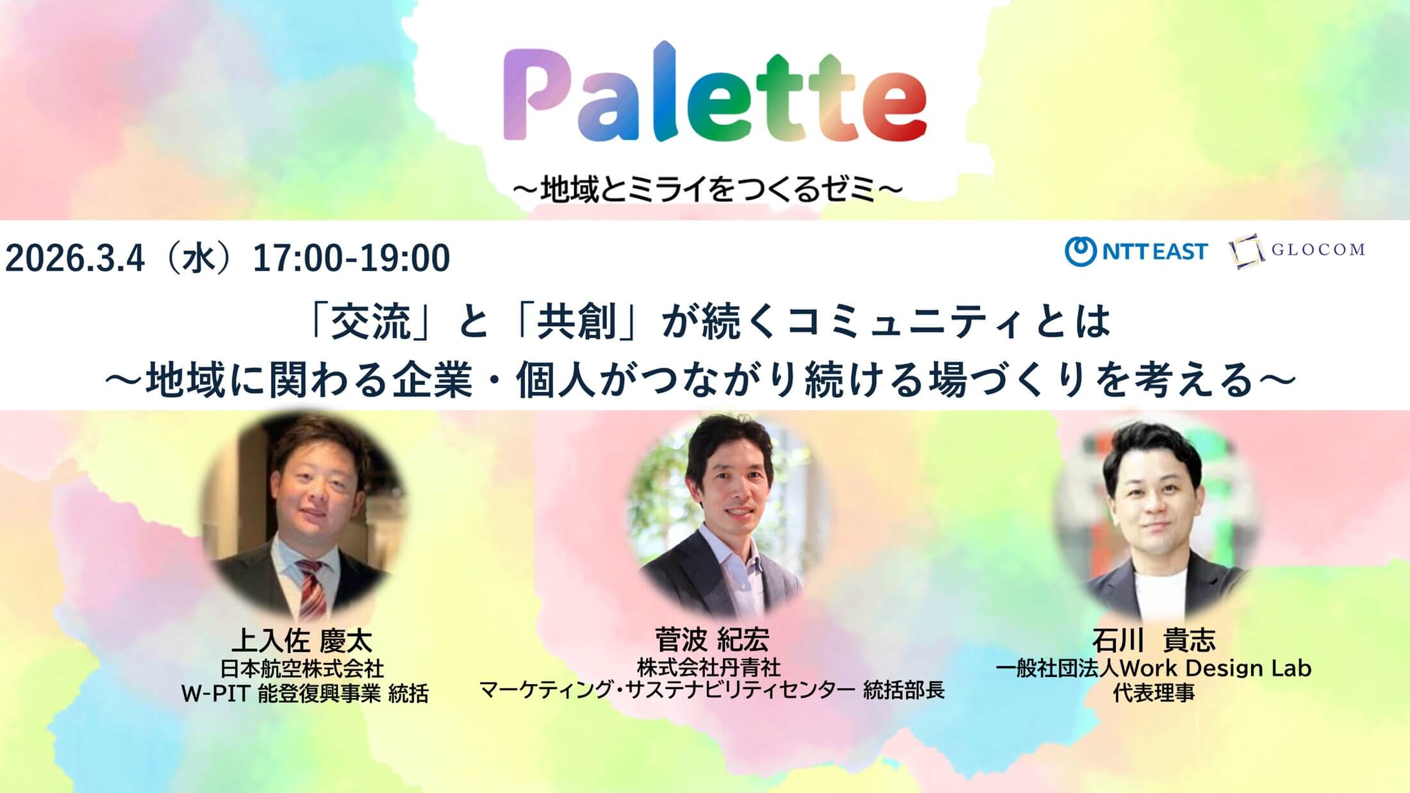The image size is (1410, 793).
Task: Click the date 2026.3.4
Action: [75, 258]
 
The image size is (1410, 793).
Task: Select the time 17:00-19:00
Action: [352, 258]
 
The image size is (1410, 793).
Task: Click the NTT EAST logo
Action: [1136, 251]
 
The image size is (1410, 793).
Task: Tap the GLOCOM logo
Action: [1296, 250]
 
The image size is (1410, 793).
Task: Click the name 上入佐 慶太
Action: [302, 641]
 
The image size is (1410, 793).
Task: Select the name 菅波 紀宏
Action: [712, 639]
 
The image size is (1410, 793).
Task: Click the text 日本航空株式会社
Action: [302, 669]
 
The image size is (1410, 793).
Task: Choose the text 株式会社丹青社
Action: [709, 667]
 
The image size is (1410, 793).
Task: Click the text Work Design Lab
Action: [1216, 669]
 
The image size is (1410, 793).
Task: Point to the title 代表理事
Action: [1154, 693]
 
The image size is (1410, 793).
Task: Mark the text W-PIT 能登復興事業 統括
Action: [304, 694]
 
